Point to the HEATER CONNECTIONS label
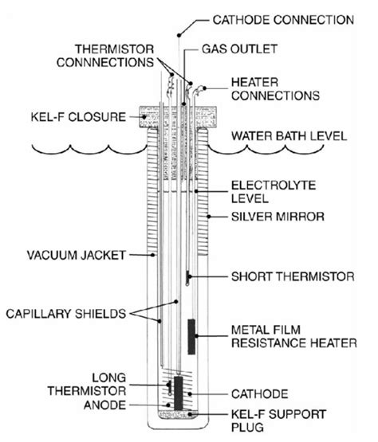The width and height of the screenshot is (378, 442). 275,88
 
